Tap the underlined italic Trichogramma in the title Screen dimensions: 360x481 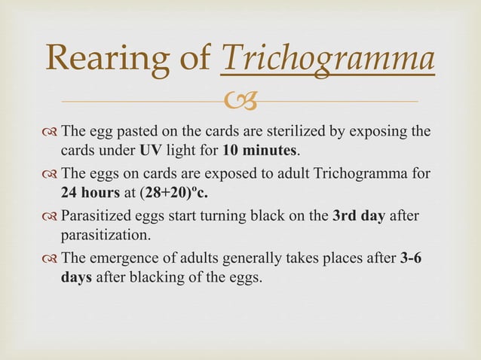pyautogui.click(x=327, y=59)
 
